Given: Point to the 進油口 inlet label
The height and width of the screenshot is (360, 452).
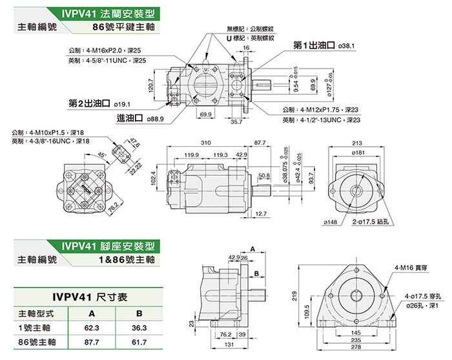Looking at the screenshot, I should coord(129,119).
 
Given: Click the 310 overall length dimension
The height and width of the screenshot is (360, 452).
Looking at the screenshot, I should coord(206,142).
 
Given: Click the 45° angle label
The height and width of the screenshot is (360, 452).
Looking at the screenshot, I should coord(101,155).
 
